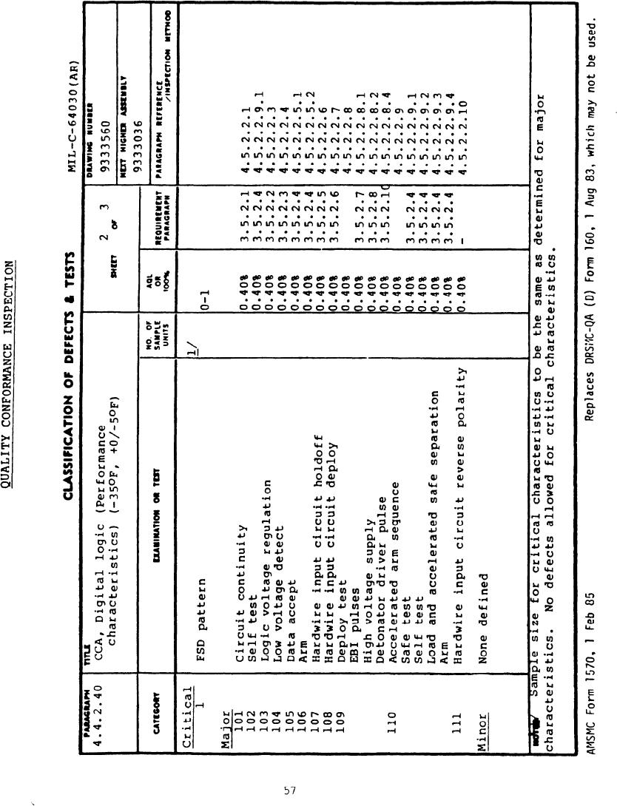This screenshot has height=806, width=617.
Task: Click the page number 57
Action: point(290,790)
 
